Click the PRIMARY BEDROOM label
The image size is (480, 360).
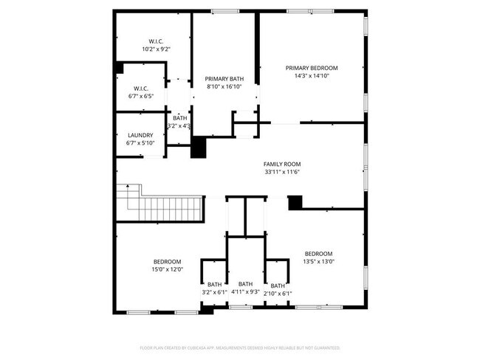tap(312, 68)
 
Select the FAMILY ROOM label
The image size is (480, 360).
tap(282, 165)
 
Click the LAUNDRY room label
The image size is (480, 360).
tap(140, 135)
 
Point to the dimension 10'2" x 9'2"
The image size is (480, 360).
tap(156, 49)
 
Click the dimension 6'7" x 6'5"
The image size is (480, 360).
tap(141, 96)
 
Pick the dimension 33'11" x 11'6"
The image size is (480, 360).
tap(282, 172)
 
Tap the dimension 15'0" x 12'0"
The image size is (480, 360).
tap(168, 269)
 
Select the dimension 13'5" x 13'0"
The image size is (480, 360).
tap(319, 260)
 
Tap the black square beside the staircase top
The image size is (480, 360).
tap(198, 148)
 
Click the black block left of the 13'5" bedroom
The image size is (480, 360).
tap(295, 201)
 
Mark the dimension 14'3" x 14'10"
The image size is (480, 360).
tap(312, 75)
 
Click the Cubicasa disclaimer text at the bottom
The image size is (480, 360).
tap(240, 347)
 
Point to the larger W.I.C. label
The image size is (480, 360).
tap(156, 41)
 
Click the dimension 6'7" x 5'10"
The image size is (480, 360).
tap(140, 142)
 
